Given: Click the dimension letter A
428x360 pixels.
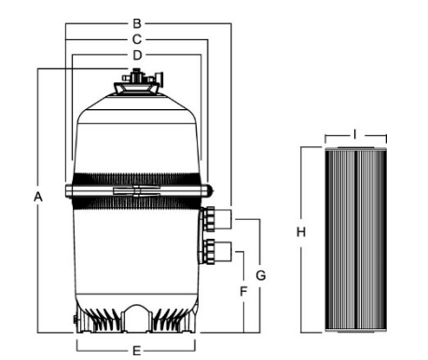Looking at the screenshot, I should tap(37, 197).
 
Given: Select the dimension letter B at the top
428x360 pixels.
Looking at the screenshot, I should tap(136, 21).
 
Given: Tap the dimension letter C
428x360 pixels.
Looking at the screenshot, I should tap(136, 39).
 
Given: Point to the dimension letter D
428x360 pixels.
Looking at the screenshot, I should tap(136, 56).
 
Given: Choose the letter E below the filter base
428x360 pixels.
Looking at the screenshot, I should tap(136, 351).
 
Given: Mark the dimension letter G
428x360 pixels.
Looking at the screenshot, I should tap(261, 275).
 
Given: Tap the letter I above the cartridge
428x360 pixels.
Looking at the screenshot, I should tap(354, 134).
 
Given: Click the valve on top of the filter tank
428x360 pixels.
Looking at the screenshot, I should tap(136, 87).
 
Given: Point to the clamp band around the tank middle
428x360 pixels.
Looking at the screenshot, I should tap(136, 191).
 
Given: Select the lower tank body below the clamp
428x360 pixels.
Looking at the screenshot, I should tap(136, 252).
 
